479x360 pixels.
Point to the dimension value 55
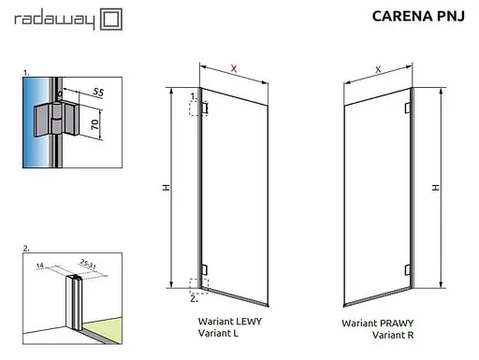pos(98,93)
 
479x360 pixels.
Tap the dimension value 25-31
pos(90,262)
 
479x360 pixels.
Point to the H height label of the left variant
pos(166,188)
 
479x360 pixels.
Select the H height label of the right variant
pos(435,187)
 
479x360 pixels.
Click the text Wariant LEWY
pos(228,321)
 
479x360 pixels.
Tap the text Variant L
pos(219,332)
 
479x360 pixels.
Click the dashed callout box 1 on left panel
pos(197,108)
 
